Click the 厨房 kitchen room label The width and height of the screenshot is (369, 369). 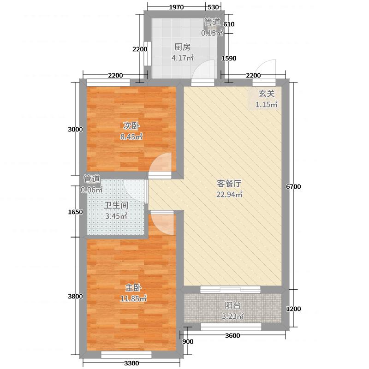(183, 47)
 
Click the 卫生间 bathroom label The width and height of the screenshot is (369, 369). (115, 205)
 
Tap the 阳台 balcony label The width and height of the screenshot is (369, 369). (232, 305)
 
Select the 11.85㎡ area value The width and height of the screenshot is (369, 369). (132, 298)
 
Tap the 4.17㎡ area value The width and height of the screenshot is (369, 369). (183, 58)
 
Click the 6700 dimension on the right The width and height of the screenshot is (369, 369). (293, 186)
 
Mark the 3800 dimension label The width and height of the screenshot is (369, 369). (75, 296)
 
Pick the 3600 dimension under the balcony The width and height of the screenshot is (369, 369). (233, 335)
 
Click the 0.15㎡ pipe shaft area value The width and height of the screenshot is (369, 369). (212, 33)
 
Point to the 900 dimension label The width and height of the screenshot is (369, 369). (188, 342)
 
